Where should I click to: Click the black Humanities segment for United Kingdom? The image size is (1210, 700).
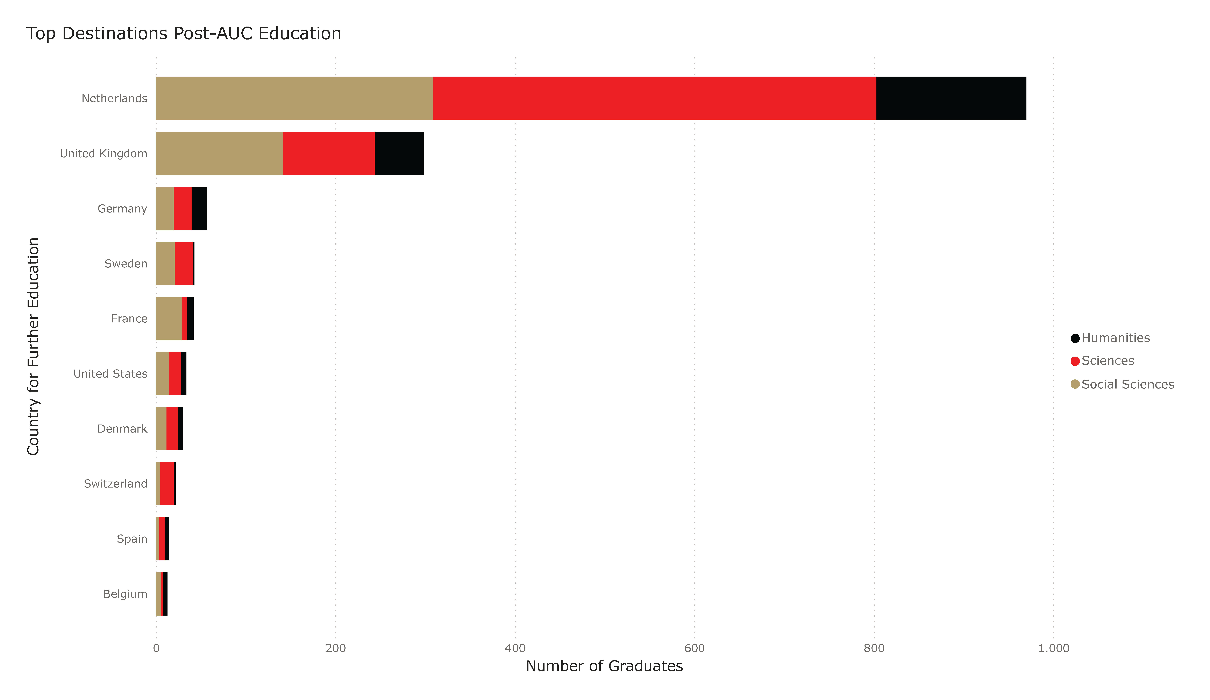coord(399,153)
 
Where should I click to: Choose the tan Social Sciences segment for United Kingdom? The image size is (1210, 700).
coord(219,153)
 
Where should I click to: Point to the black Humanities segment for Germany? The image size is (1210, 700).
coord(199,209)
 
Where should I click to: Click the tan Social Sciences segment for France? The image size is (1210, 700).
coord(169,318)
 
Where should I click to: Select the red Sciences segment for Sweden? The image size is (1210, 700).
coord(183,263)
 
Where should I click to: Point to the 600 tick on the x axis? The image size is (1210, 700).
coord(694,648)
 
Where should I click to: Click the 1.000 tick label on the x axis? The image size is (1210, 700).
coord(1053,648)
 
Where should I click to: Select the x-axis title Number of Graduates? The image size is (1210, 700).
coord(604,666)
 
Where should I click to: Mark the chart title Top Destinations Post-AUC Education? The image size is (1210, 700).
coord(183,34)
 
